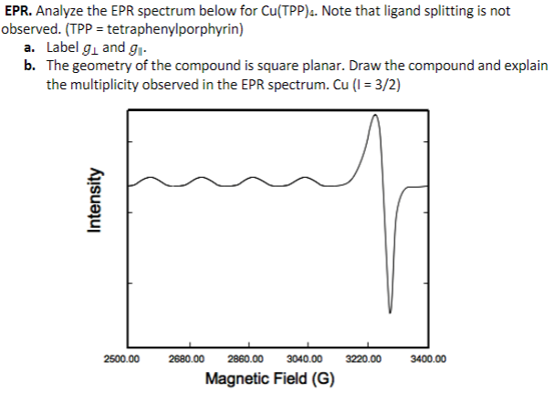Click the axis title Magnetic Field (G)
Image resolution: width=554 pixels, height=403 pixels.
pos(270,378)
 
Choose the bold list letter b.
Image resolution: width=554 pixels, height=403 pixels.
pos(31,67)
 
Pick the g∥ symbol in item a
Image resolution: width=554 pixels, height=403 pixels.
pos(141,47)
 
